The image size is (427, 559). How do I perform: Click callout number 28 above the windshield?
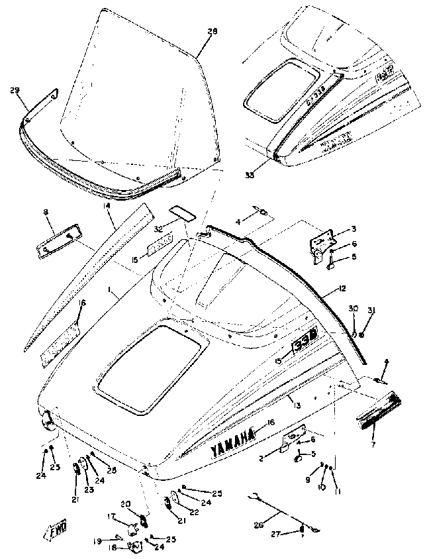point(213,31)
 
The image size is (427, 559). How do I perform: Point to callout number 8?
point(46,212)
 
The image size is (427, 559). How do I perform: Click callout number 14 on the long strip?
point(107,207)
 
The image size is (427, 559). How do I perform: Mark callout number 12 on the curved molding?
point(342,290)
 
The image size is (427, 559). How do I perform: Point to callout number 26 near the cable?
point(258,525)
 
